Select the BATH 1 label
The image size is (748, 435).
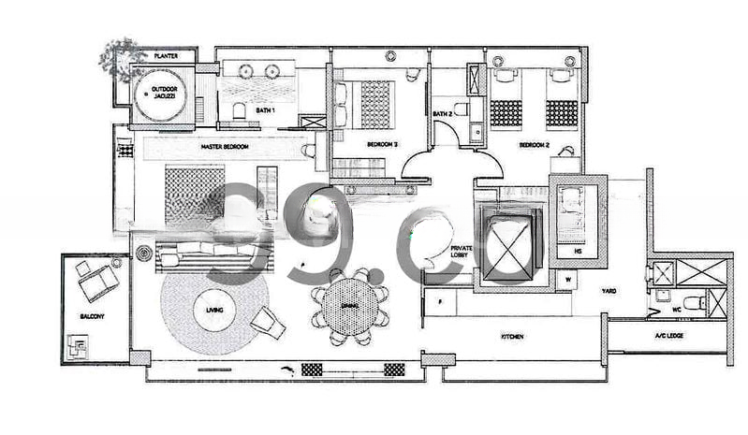click(x=266, y=110)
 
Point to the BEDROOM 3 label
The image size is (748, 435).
click(x=382, y=144)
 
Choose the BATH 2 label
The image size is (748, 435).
click(x=443, y=114)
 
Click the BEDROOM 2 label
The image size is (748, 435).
click(x=534, y=144)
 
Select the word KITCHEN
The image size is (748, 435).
click(x=511, y=335)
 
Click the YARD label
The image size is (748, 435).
click(x=609, y=290)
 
